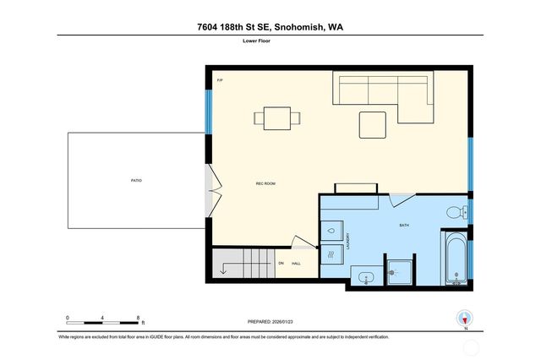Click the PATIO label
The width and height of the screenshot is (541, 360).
[136, 181]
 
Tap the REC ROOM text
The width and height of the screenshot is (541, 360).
[266, 183]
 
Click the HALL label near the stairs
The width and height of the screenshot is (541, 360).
[296, 264]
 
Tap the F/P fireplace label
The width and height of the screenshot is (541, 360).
[220, 80]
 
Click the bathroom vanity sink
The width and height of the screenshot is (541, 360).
[365, 276]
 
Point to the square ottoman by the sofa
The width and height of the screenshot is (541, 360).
[373, 124]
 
